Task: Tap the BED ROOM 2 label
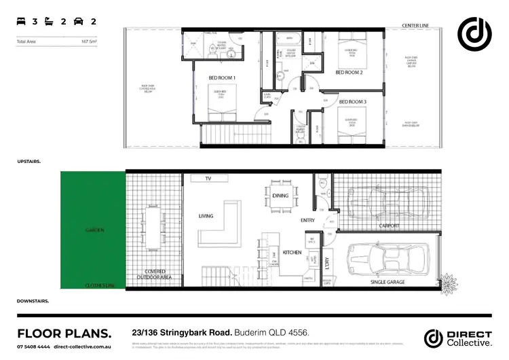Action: pos(349,72)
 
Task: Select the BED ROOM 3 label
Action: pos(353,102)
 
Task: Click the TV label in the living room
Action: pos(200,179)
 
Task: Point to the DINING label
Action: pos(280,196)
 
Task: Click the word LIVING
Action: pos(206,216)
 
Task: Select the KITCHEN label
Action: pos(293,252)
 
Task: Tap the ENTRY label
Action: pos(307,220)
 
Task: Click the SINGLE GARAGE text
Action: pos(387,281)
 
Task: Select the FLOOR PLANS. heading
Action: pos(64,333)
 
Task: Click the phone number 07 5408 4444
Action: pos(33,346)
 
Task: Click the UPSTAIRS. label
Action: pos(29,162)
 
